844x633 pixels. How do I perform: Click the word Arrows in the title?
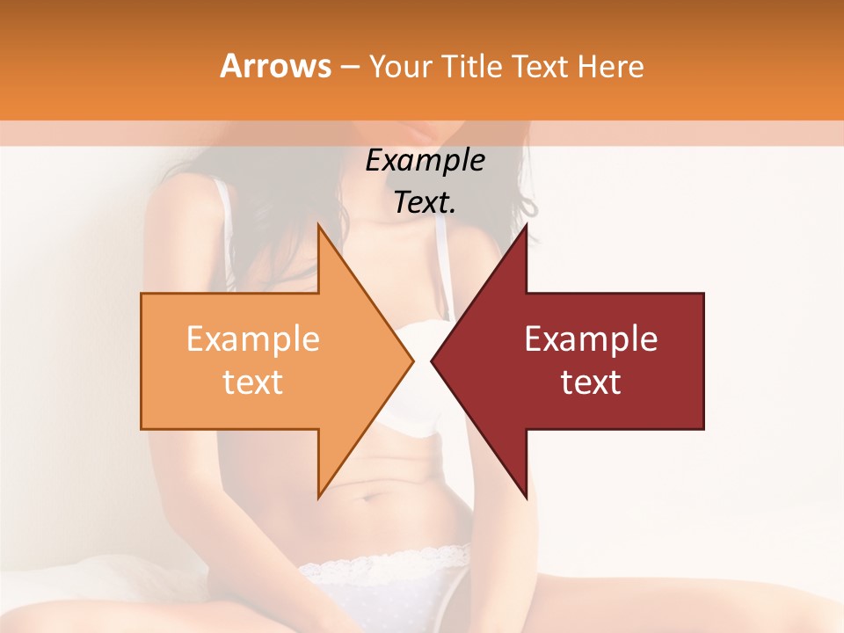coord(275,66)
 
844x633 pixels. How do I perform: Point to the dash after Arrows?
coord(349,68)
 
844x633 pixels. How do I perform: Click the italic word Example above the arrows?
coord(425,160)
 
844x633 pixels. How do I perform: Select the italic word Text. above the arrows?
coord(425,202)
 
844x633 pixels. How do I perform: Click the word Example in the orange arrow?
coord(252,339)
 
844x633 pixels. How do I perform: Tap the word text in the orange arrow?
coord(252,382)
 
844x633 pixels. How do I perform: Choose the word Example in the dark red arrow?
coord(591,339)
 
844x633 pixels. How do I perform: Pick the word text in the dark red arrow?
coord(591,382)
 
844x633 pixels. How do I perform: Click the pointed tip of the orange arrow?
coord(411,360)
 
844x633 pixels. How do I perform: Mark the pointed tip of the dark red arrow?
coord(433,360)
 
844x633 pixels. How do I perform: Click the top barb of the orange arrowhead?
coord(319,228)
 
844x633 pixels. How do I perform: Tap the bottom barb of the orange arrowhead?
coord(319,494)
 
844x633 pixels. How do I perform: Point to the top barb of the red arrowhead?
coord(526,228)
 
